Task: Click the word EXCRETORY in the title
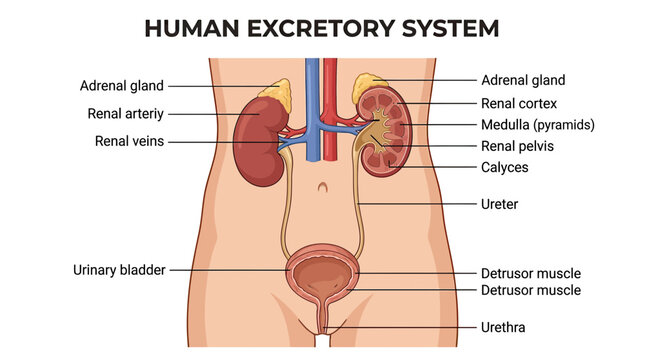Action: [x=321, y=28]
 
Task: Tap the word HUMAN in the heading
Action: [x=192, y=28]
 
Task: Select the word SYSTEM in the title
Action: [x=450, y=28]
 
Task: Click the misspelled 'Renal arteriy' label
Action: [x=125, y=114]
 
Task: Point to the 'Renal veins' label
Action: [x=129, y=141]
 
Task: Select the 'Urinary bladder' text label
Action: [x=119, y=270]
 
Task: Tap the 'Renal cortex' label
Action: [x=519, y=104]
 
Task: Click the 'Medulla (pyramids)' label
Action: [x=538, y=125]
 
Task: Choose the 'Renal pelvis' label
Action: [x=517, y=146]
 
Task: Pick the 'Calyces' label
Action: [x=505, y=167]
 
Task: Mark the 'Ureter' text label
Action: [x=499, y=204]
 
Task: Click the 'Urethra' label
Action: [x=503, y=327]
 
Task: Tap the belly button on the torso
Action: [x=323, y=187]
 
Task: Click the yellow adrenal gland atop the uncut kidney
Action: [x=278, y=94]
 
